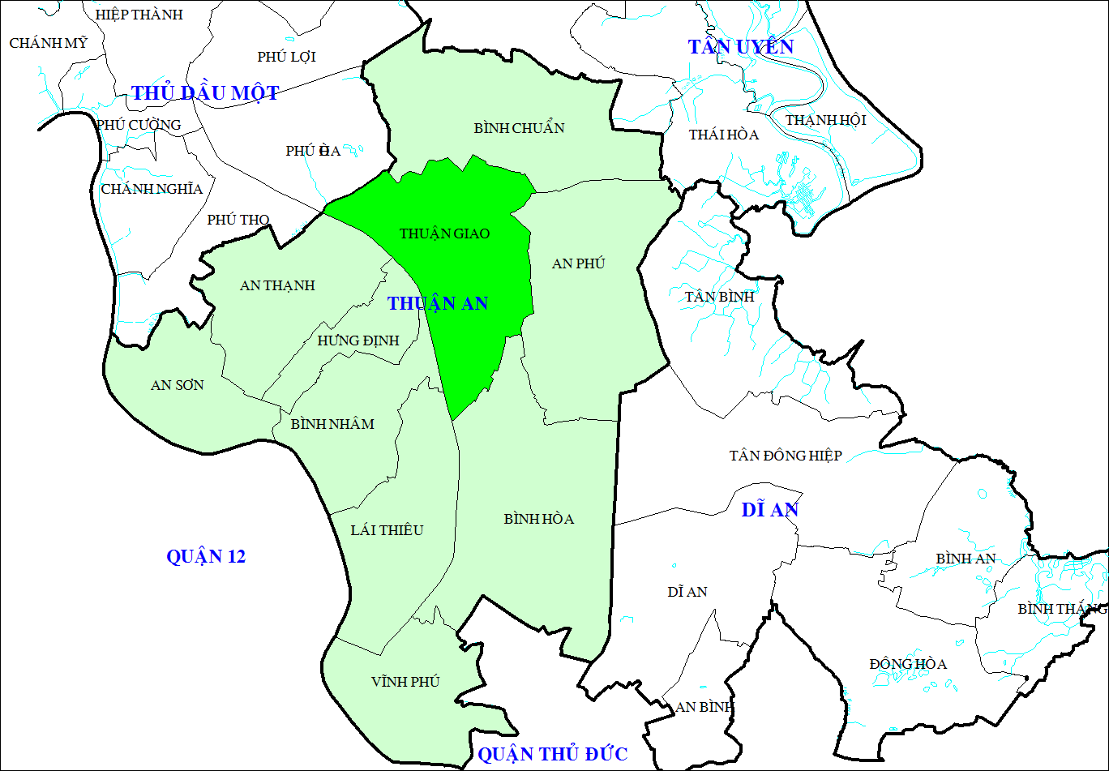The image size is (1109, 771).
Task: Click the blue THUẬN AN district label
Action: tap(438, 303)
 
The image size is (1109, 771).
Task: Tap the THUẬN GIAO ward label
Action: tap(444, 233)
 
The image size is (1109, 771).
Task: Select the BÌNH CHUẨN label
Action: tap(519, 128)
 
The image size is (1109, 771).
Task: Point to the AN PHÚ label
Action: tap(578, 263)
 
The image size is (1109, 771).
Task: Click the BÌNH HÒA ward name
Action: tap(538, 519)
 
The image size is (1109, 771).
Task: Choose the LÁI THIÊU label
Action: tap(387, 530)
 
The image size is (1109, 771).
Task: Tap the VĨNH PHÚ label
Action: tap(405, 682)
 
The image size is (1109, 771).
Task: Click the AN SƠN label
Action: tap(177, 385)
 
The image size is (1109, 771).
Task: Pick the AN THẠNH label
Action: tap(277, 285)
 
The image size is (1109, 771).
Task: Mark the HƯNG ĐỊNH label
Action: tap(358, 341)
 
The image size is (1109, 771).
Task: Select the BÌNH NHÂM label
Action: tap(332, 424)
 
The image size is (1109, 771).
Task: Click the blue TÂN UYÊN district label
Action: tap(741, 47)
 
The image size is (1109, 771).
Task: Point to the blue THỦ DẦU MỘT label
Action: tap(205, 93)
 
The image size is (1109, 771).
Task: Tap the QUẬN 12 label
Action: tap(206, 557)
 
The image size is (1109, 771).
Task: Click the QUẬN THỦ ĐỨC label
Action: tap(552, 755)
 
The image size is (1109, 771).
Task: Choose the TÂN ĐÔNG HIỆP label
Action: tap(785, 456)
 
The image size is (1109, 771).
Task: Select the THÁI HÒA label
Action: tap(724, 135)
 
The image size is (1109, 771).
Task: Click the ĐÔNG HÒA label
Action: tap(908, 664)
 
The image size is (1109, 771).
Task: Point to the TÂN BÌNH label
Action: tap(719, 297)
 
